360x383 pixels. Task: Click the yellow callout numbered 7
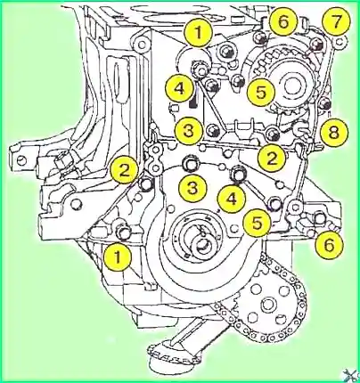[336, 21]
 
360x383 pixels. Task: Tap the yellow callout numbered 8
[334, 131]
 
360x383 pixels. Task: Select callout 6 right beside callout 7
[283, 21]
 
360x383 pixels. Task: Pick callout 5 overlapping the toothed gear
[262, 92]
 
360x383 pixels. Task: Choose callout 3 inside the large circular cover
[192, 188]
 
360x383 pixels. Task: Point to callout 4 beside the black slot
[180, 88]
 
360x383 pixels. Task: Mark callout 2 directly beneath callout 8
[272, 158]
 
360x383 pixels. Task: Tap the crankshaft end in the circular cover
[203, 245]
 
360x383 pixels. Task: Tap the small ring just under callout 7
[340, 42]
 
